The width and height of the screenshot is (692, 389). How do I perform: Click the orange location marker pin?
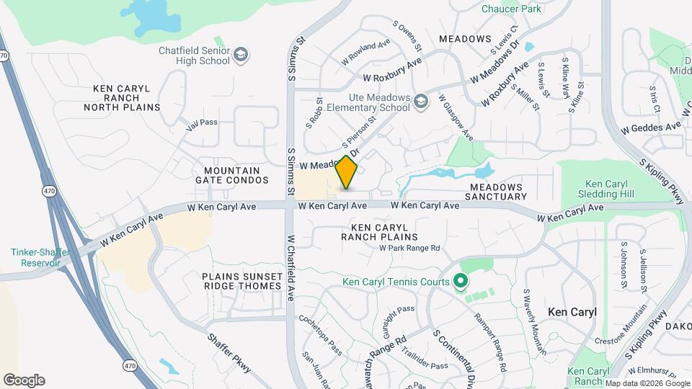347,173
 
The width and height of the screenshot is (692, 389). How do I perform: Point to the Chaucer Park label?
510,9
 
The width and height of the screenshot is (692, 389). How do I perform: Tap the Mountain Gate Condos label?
227,175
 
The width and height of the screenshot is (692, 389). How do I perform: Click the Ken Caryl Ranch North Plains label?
122,98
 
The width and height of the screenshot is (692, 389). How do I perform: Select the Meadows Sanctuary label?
496,192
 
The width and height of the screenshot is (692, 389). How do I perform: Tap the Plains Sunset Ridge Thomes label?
241,281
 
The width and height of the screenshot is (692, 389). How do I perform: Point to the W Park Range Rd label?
409,248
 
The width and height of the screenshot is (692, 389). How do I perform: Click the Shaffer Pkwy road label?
229,352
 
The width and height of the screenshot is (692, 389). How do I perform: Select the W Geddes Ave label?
651,127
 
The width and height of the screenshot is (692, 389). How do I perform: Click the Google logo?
24,380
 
